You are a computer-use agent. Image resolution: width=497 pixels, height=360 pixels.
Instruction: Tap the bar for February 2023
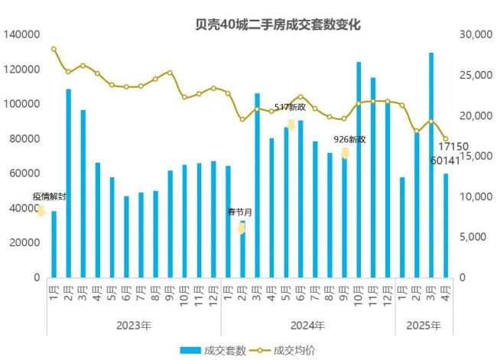coord(68,183)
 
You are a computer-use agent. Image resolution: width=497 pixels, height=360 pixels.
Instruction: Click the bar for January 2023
coord(54,244)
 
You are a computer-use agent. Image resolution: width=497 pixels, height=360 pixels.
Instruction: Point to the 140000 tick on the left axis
coord(22,34)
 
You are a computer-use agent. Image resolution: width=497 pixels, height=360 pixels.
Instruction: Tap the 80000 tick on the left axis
coord(25,138)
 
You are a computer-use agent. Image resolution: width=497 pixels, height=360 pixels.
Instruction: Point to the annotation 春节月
coord(239,211)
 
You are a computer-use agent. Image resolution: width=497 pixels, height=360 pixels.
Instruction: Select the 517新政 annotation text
coord(291,107)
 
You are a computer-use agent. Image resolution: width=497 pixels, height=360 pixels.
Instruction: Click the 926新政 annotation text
coord(350,139)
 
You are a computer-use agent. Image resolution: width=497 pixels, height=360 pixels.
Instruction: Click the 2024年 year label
coord(307,325)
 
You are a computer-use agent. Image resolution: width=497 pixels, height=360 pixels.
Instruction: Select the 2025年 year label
coord(424,325)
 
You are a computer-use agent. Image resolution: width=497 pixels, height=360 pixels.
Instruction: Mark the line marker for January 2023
coord(54,49)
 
